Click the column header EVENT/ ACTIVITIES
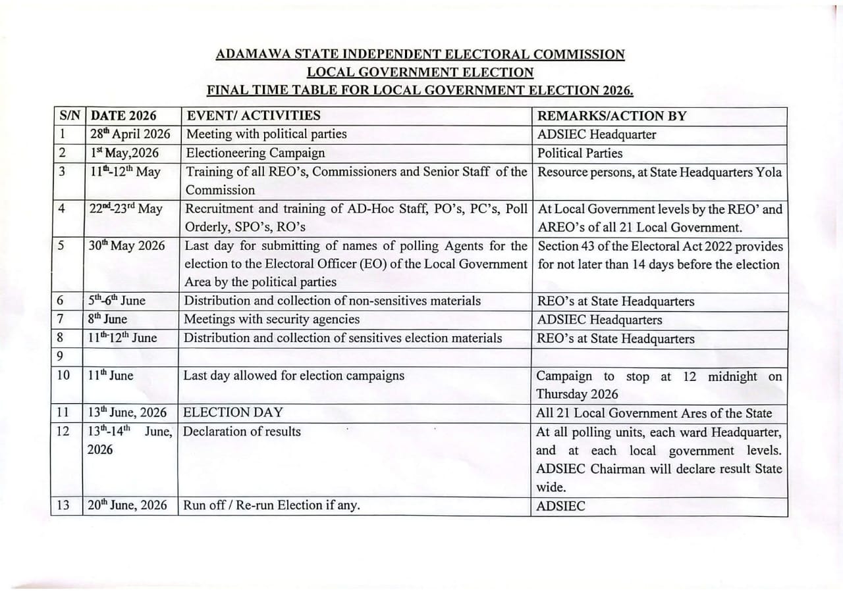[254, 116]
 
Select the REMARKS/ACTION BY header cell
[612, 116]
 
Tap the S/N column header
[68, 116]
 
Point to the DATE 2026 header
[124, 116]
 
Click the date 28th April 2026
[130, 135]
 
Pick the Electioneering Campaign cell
[256, 153]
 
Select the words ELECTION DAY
[233, 413]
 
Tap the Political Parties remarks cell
[580, 153]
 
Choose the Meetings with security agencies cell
[272, 320]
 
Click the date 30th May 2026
[127, 246]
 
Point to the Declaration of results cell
[242, 432]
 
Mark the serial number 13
[63, 507]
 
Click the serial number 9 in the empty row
[60, 357]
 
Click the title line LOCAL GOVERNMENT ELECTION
[420, 72]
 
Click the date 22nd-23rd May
[125, 209]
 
